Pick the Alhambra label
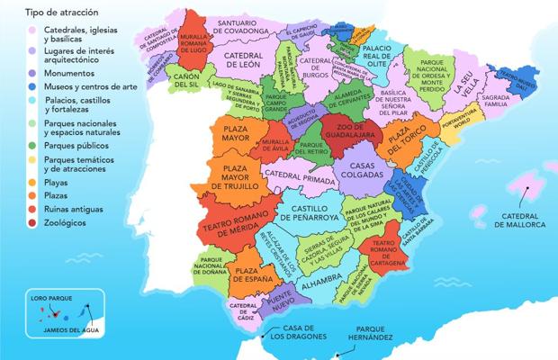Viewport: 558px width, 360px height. [x=319, y=286]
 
